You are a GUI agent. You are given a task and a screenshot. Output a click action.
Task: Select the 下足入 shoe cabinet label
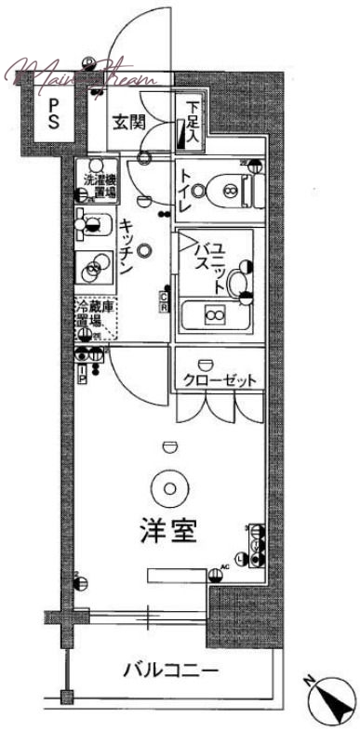pos(191,122)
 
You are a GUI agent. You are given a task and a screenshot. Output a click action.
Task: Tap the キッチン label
pos(128,246)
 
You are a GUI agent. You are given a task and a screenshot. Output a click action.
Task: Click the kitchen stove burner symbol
pos(94,271)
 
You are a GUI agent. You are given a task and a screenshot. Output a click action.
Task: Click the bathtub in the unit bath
pos(214,316)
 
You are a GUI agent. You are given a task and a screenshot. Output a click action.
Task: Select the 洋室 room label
pos(168,535)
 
